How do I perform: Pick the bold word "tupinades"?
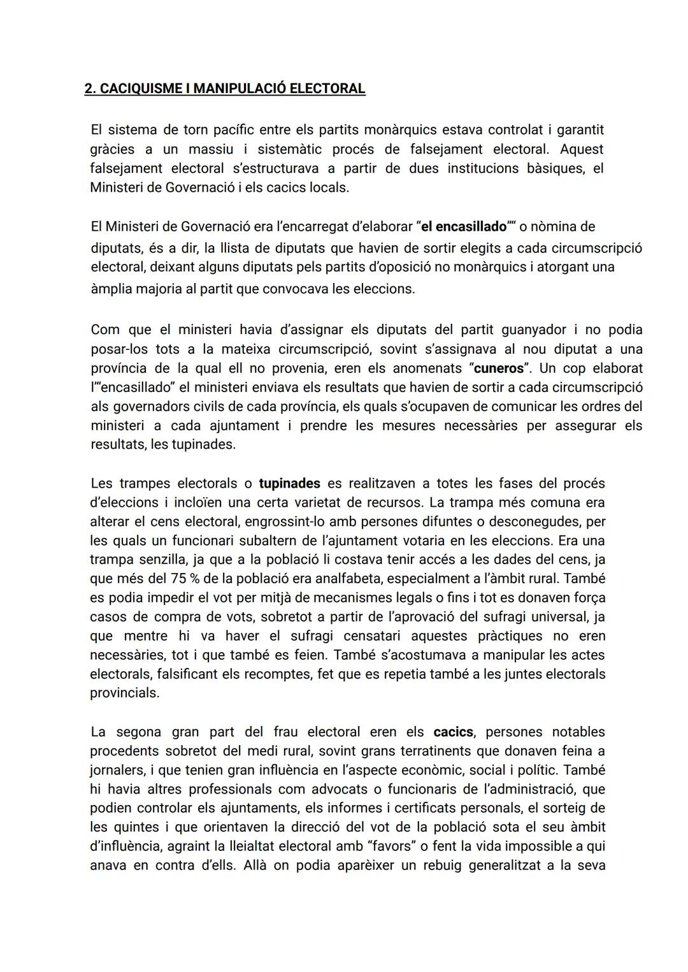click(x=289, y=483)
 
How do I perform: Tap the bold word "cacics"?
click(x=453, y=732)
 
